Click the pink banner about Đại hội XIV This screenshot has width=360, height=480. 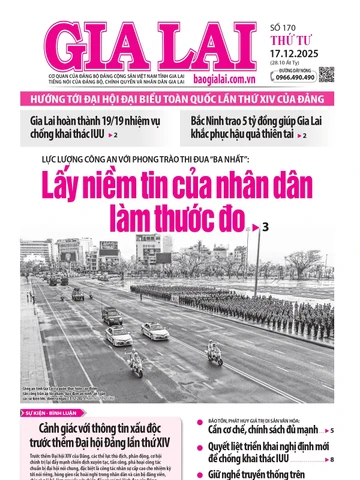pyautogui.click(x=180, y=100)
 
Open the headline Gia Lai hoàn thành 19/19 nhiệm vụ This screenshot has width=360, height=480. pyautogui.click(x=90, y=126)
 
